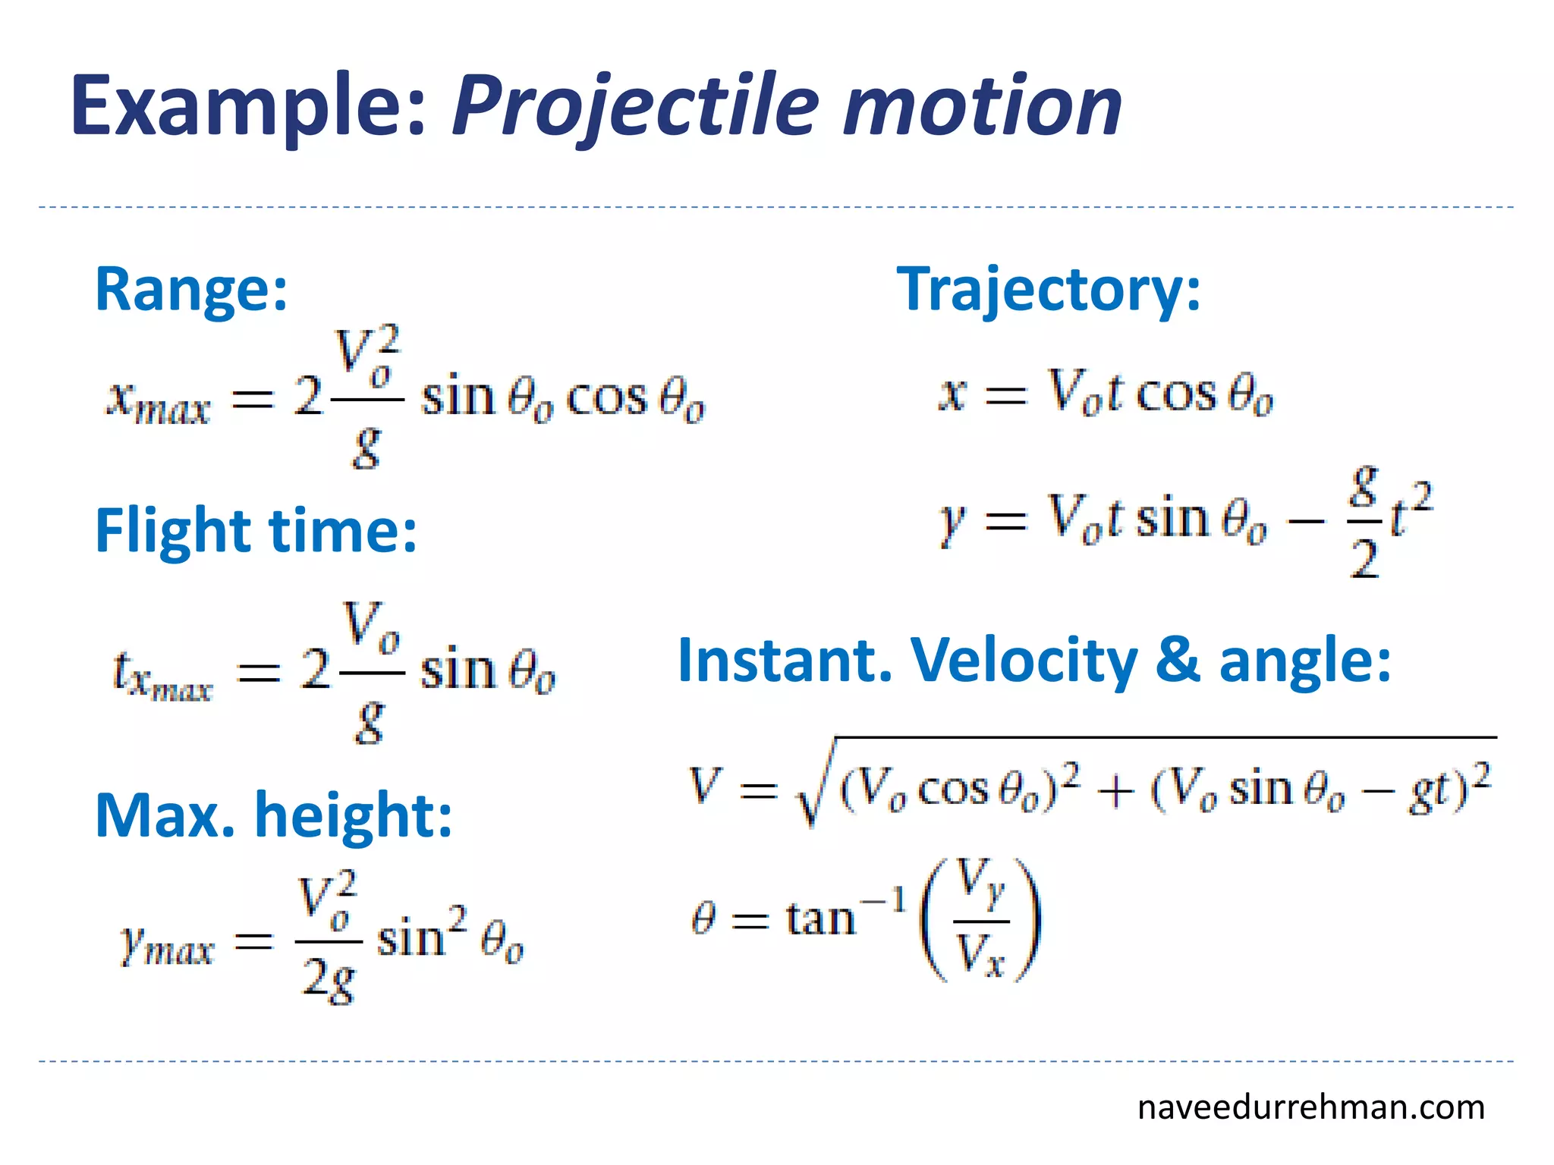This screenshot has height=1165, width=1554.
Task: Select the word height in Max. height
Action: click(x=353, y=815)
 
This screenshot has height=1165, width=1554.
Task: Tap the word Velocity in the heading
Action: click(x=1024, y=660)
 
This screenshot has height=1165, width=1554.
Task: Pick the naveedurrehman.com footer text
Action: click(x=1310, y=1107)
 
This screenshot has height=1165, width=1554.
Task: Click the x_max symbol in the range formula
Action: click(x=158, y=402)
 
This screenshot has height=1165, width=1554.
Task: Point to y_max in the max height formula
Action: click(x=167, y=945)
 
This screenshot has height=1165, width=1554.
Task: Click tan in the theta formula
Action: click(x=819, y=919)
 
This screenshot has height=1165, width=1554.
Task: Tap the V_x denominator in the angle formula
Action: click(x=980, y=954)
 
